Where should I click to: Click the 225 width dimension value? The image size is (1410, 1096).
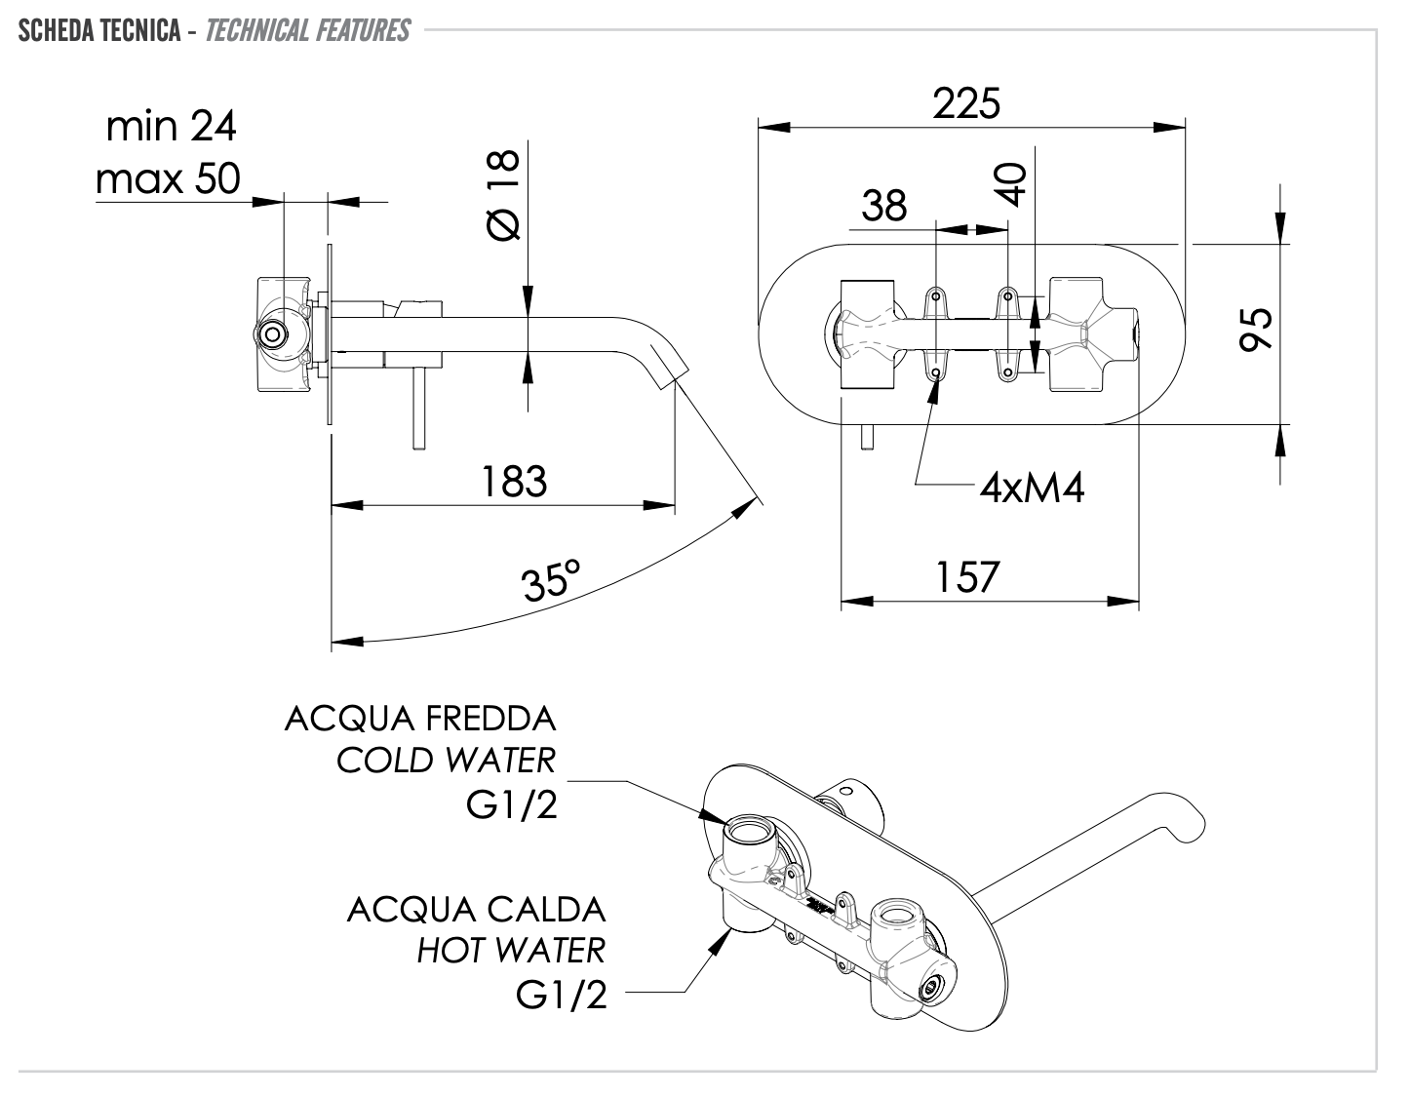point(965,102)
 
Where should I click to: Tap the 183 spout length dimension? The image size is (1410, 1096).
point(514,482)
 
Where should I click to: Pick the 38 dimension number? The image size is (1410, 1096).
point(884,206)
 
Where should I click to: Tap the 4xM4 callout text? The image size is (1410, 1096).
point(1032,487)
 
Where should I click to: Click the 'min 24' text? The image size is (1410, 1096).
point(171,126)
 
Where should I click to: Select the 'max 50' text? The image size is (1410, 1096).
point(168,178)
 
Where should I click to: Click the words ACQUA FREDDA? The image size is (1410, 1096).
point(420,720)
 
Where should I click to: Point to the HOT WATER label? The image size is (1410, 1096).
point(511,950)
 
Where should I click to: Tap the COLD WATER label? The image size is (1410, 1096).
point(447,760)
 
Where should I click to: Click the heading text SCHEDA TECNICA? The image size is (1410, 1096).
point(99,31)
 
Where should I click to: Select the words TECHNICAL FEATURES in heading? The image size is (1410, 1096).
point(308,31)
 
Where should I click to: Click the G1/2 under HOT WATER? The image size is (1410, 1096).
point(561,994)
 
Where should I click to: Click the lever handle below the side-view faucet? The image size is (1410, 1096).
point(418,410)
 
